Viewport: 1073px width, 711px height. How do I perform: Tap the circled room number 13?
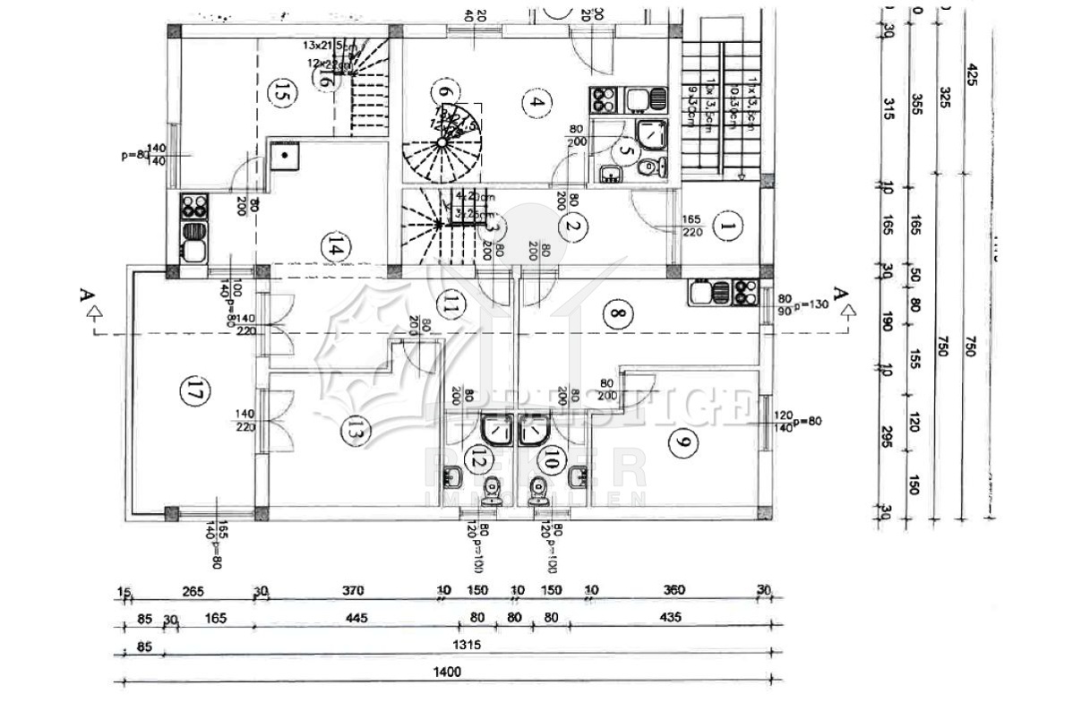point(356,432)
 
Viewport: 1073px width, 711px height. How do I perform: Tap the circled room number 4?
point(536,102)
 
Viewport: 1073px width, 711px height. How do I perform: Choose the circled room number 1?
point(727,228)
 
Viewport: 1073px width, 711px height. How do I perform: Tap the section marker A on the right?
point(840,294)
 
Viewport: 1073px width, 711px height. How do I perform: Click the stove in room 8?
point(745,291)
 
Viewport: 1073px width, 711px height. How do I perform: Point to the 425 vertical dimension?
point(972,74)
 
